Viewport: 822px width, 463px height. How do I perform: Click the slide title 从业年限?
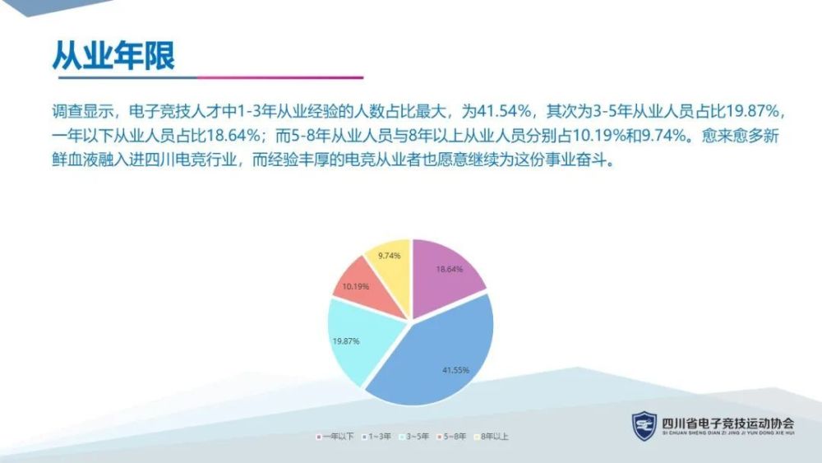point(113,55)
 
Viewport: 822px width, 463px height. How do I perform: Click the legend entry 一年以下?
point(335,436)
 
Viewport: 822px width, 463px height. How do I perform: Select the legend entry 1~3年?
point(376,436)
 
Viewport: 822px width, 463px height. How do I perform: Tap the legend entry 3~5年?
point(414,436)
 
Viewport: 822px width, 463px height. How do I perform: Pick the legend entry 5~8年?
point(451,436)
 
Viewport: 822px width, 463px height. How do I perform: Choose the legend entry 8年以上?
point(492,436)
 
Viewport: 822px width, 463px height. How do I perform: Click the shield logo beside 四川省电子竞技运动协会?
point(644,425)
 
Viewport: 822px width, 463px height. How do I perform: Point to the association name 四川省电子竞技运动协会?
point(728,423)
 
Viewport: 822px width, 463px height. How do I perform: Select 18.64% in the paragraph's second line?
point(233,136)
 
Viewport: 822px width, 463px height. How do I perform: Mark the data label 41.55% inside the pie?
point(455,370)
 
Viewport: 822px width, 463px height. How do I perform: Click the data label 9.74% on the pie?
point(389,256)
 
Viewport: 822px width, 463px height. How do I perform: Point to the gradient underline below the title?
point(210,77)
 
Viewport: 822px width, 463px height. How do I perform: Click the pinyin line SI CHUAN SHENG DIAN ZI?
point(728,433)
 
